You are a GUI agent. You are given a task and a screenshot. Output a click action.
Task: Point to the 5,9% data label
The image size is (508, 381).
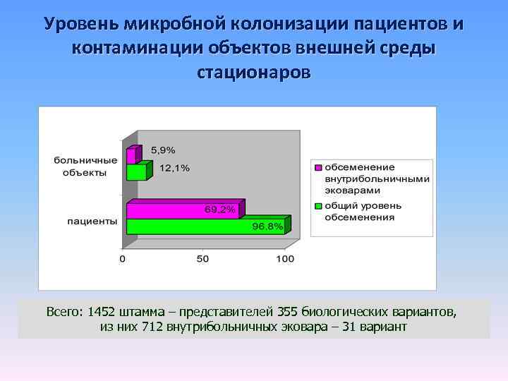tap(164, 150)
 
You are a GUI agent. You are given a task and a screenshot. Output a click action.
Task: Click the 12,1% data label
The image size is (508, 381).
tap(174, 168)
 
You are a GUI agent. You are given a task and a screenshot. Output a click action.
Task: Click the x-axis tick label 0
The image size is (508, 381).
tap(122, 259)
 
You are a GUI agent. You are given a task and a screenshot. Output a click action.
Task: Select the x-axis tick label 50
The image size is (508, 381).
tap(202, 259)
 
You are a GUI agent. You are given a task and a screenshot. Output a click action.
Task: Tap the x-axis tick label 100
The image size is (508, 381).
tap(284, 259)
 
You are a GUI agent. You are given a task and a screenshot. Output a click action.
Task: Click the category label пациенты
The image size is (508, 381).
tap(92, 221)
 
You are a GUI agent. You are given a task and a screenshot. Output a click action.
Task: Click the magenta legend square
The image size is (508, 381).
tap(318, 168)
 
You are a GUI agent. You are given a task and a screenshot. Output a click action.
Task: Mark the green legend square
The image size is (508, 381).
tap(318, 205)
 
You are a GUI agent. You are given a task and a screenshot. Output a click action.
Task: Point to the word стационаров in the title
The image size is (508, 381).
tap(253, 73)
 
